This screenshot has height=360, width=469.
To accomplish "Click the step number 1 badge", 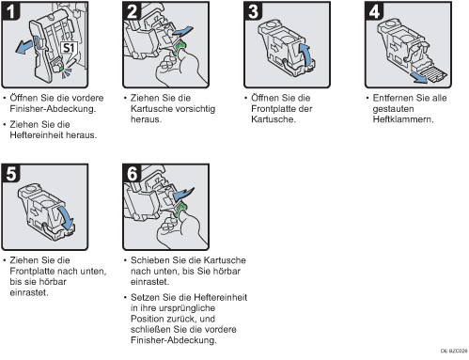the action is [x=10, y=11].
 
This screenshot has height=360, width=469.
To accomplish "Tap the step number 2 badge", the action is [x=132, y=11].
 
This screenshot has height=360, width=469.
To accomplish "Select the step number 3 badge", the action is [x=253, y=11].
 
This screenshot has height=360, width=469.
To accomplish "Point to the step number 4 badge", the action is [x=374, y=11].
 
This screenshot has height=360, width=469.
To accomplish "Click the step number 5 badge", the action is [x=10, y=173].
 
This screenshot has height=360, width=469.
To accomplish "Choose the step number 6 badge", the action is [x=132, y=173].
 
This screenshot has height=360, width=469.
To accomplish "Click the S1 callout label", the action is [x=69, y=48].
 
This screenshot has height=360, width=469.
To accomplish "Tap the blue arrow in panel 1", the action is [x=24, y=46].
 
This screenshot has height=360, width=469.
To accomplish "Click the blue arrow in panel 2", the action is [x=182, y=31].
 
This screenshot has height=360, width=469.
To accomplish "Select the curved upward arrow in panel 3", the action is [x=307, y=55].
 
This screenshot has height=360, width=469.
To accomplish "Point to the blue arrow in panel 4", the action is [x=420, y=78].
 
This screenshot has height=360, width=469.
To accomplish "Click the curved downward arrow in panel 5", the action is [x=67, y=217].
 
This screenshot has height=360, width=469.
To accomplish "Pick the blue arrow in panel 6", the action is [x=183, y=194].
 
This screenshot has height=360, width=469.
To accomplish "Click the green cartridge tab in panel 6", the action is [x=180, y=209].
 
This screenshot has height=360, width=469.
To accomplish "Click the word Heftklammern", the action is [x=403, y=119].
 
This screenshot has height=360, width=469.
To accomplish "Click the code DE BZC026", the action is [x=454, y=351].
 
